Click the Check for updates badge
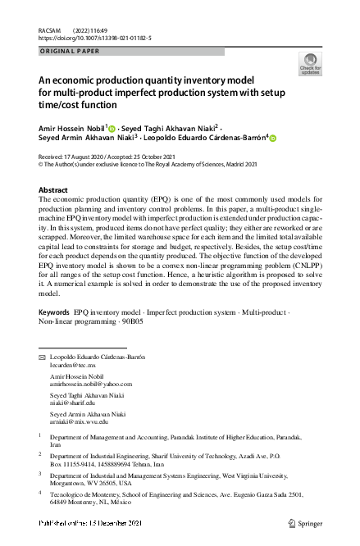[311, 64]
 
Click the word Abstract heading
[53, 189]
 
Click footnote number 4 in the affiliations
[40, 493]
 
